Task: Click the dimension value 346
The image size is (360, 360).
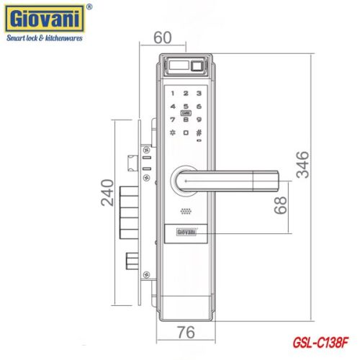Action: point(303,167)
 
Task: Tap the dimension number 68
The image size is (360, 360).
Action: point(282,207)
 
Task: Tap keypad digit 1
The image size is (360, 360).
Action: point(173,93)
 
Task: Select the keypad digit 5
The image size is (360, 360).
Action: point(186,106)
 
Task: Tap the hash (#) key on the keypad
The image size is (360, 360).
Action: point(199,132)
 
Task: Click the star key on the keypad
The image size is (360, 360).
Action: point(173,132)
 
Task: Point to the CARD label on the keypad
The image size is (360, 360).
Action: point(186,113)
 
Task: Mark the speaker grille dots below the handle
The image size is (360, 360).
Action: point(186,212)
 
